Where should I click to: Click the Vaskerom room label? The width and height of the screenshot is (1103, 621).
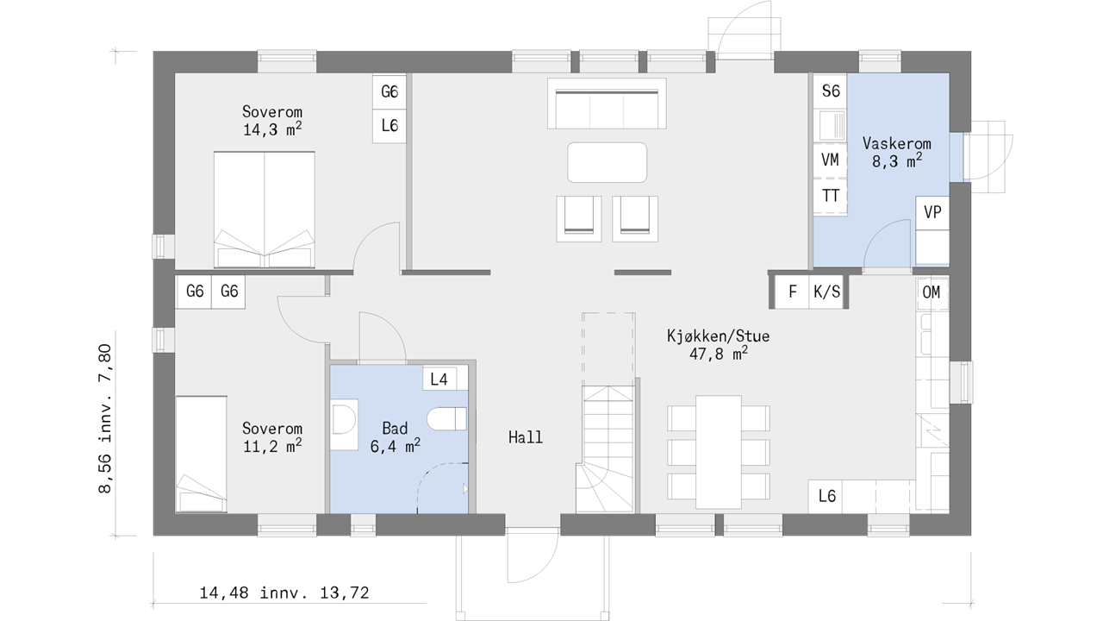point(897,143)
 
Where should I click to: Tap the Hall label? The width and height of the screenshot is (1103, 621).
point(526,437)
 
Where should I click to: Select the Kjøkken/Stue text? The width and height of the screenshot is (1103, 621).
point(718,336)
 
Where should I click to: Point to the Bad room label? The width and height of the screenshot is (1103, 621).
point(395,428)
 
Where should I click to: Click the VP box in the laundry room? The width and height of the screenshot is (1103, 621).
point(932,212)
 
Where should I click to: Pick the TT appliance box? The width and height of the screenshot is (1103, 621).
point(830,196)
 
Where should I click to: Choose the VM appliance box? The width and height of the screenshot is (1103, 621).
point(830,160)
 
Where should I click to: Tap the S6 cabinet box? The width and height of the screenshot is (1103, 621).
point(830,91)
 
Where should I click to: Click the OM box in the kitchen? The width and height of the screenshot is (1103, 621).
point(932,292)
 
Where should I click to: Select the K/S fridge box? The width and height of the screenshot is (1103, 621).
point(826,292)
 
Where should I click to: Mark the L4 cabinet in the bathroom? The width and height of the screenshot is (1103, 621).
point(439,379)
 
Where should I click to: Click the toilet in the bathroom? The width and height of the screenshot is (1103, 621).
point(446,419)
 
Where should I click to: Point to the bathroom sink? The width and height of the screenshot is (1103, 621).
point(344,424)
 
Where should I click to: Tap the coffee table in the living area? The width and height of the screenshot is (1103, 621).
point(607,162)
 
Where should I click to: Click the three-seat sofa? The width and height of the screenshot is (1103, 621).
point(607,103)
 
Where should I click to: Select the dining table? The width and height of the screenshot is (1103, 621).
point(719,452)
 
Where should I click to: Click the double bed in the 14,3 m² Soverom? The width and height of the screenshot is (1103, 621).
point(265,210)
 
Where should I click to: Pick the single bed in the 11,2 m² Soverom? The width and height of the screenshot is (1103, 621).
point(202,454)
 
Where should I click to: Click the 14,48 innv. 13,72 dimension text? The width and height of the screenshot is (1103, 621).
point(284,593)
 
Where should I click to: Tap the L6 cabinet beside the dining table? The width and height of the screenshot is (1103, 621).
point(827,496)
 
